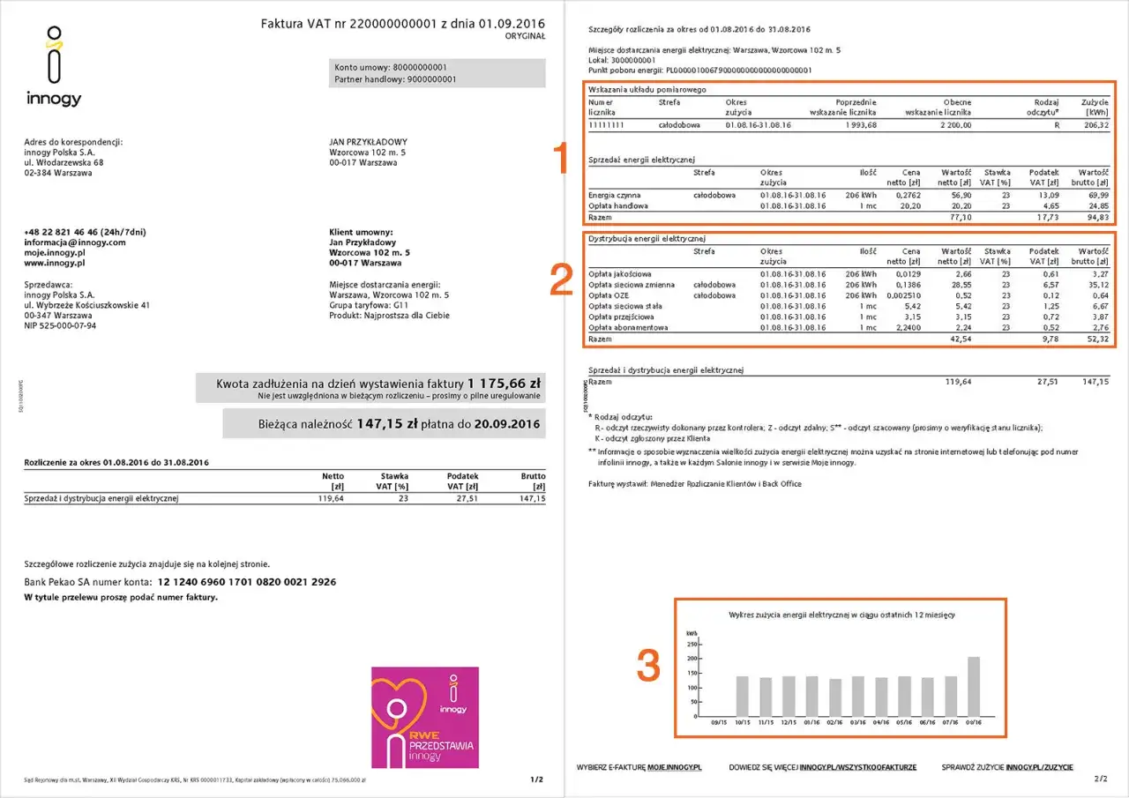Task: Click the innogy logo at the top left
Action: point(54,67)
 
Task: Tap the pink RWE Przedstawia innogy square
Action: point(425,716)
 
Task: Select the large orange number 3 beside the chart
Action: point(648,666)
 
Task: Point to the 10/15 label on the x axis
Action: point(744,721)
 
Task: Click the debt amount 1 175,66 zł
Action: point(504,384)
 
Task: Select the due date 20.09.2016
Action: point(506,423)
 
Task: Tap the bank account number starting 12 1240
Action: point(247,582)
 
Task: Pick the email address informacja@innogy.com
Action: point(75,242)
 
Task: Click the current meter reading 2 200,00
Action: point(953,125)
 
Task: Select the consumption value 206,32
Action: point(1095,125)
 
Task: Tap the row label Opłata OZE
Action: point(608,295)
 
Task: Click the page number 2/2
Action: point(1100,779)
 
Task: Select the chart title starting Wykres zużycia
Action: point(841,615)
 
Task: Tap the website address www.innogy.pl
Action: point(55,263)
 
